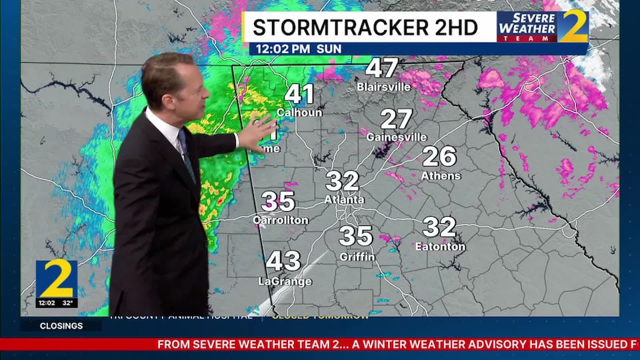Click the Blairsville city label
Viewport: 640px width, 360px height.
point(382,87)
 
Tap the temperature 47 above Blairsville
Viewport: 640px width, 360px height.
point(382,68)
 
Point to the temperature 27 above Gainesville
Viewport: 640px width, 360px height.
point(397,119)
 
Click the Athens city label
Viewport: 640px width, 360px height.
point(441,175)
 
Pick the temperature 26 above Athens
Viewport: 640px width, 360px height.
point(439,157)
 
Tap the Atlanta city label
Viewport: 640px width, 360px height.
point(344,199)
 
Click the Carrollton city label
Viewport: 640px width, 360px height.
point(281,220)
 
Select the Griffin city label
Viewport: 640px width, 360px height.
point(357,257)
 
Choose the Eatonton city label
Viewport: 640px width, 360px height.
point(440,247)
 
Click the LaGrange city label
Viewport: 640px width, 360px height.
point(285,281)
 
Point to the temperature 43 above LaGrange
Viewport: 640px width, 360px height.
point(283,261)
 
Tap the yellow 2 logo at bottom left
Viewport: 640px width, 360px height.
point(57,279)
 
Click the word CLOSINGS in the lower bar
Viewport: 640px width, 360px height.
point(61,326)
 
